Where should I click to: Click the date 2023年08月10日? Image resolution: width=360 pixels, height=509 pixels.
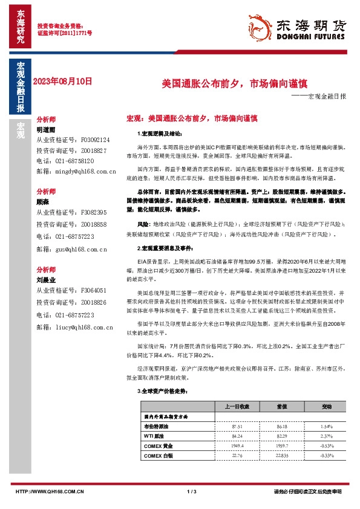(62, 80)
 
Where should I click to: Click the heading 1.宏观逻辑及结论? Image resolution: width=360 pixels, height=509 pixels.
(157, 132)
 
